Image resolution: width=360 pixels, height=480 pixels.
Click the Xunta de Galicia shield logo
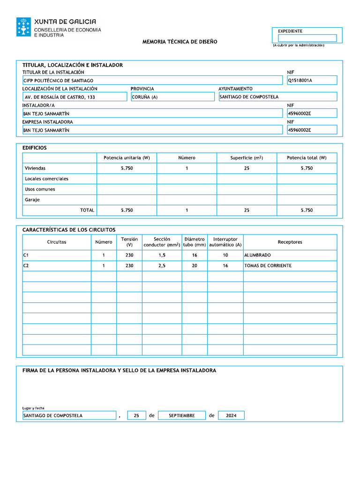23,27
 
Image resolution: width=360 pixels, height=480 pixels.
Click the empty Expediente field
307,38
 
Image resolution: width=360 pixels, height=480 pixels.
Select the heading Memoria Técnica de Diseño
180,42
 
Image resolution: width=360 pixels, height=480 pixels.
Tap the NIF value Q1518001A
312,80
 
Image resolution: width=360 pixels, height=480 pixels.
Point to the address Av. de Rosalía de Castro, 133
75,97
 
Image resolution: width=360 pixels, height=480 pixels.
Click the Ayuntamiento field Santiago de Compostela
277,97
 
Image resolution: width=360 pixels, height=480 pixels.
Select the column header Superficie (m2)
247,158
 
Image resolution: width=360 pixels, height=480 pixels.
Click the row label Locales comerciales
46,179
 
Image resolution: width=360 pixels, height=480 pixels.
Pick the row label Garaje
32,200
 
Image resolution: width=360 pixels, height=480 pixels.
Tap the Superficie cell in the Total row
247,210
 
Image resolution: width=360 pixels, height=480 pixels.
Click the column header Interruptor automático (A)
225,242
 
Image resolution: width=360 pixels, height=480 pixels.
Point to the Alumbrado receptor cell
290,255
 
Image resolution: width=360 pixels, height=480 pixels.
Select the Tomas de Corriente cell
290,266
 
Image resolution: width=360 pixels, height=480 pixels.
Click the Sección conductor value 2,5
162,266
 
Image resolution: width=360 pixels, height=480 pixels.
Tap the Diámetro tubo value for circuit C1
195,255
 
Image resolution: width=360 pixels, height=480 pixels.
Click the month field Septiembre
182,415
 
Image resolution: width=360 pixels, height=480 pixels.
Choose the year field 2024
231,415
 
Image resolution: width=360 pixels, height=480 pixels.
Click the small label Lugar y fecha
33,408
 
